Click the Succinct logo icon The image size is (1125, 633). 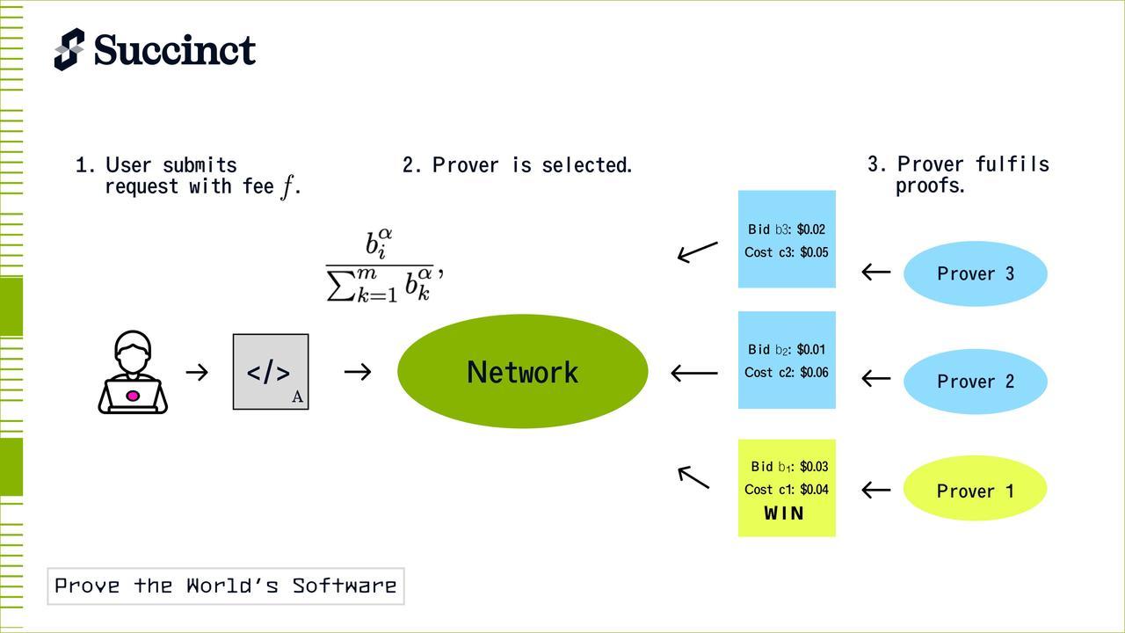pyautogui.click(x=69, y=49)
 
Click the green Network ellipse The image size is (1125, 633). pyautogui.click(x=523, y=372)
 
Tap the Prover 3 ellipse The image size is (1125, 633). pyautogui.click(x=976, y=273)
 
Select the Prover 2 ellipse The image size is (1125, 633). pyautogui.click(x=976, y=381)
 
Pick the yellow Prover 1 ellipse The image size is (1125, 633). pyautogui.click(x=976, y=491)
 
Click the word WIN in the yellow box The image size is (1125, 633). pyautogui.click(x=785, y=513)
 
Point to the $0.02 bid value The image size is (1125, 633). pyautogui.click(x=812, y=229)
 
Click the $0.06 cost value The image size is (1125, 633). pyautogui.click(x=814, y=373)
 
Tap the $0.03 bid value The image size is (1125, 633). pyautogui.click(x=814, y=467)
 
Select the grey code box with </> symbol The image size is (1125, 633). pyautogui.click(x=271, y=372)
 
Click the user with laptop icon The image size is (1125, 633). pyautogui.click(x=133, y=373)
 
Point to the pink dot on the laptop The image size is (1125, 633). pyautogui.click(x=133, y=396)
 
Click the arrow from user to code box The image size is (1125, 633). pyautogui.click(x=197, y=373)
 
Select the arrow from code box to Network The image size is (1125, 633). pyautogui.click(x=358, y=373)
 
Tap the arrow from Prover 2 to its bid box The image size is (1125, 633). pyautogui.click(x=876, y=379)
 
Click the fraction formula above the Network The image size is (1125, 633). pyautogui.click(x=383, y=266)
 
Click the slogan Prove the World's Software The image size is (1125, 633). pyautogui.click(x=226, y=586)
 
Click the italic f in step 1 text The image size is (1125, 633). pyautogui.click(x=287, y=187)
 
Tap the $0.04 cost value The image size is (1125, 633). pyautogui.click(x=814, y=490)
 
